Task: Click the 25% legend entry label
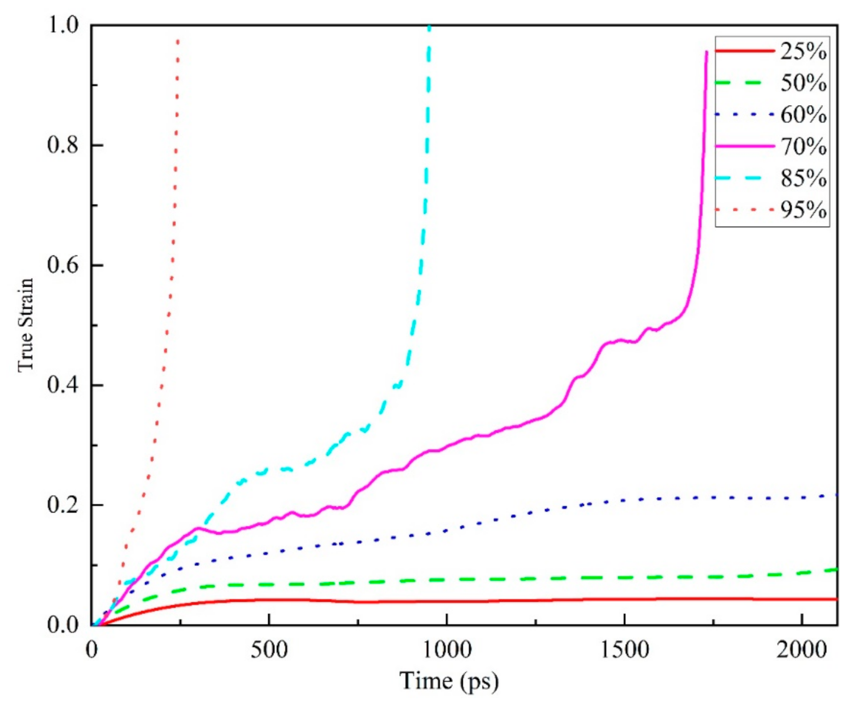[803, 52]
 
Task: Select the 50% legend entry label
[803, 83]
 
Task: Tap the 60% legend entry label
[803, 115]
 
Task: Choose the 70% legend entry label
[803, 146]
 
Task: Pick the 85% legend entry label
[803, 178]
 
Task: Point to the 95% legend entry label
[803, 210]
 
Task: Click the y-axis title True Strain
[25, 325]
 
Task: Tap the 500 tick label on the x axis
[269, 650]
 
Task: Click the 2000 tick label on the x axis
[802, 650]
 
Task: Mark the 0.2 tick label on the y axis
[63, 505]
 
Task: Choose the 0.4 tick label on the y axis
[63, 385]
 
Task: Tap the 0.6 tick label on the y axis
[63, 265]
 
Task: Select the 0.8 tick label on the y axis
[63, 145]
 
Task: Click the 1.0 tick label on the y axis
[63, 25]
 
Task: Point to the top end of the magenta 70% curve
[706, 52]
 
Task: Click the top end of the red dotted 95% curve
[178, 40]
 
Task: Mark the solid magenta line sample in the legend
[745, 146]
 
